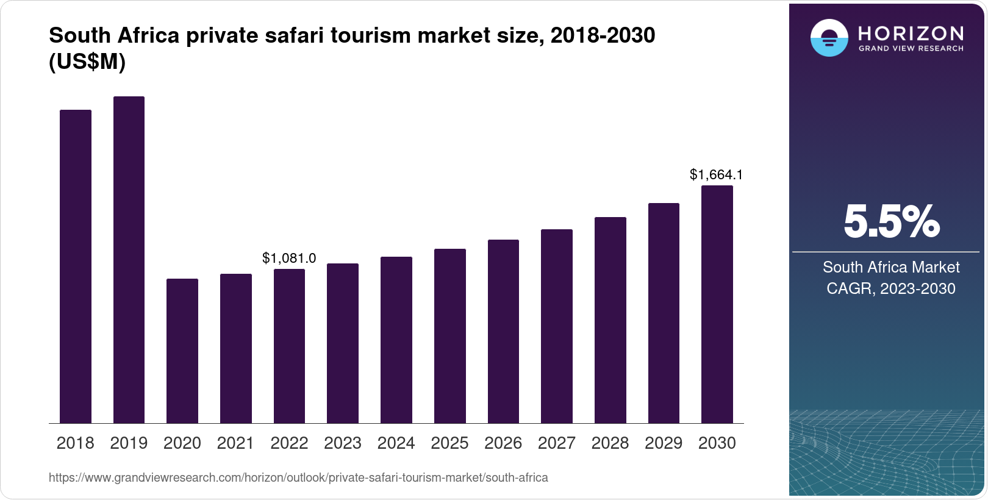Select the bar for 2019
[129, 260]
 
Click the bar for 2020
[182, 351]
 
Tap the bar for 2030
[717, 304]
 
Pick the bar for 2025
[450, 336]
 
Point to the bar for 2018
[76, 266]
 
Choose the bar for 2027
[557, 326]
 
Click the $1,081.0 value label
[289, 258]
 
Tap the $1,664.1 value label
[716, 175]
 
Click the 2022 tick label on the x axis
[289, 443]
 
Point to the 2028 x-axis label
[610, 443]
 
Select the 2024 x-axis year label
[396, 443]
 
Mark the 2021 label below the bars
[235, 443]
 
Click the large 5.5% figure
[891, 221]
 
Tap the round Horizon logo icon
[829, 38]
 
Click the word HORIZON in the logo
[911, 33]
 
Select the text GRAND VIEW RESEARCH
[911, 48]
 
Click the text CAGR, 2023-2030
[890, 288]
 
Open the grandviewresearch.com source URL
[298, 477]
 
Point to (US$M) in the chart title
[87, 62]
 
